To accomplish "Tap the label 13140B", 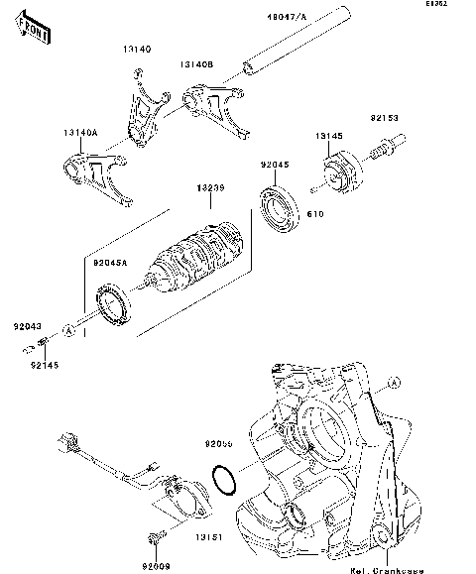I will click(x=196, y=63).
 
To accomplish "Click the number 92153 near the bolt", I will click(x=385, y=117).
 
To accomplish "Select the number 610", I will click(x=315, y=212).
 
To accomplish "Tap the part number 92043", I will click(x=28, y=324).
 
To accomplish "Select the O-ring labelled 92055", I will click(x=225, y=479).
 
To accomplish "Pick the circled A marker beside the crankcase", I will click(x=395, y=381).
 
